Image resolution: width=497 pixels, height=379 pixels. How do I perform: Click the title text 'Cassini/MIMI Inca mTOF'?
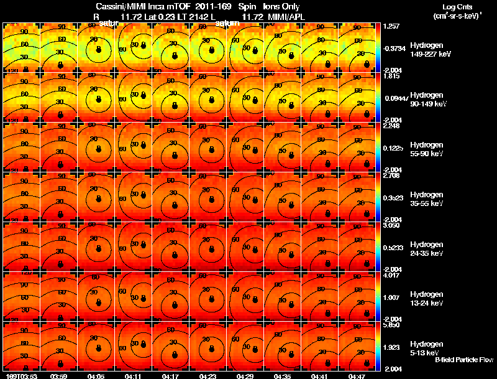[136, 6]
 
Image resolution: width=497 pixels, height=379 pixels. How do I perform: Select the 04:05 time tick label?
[96, 376]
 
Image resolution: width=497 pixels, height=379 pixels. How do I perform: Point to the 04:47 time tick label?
[357, 376]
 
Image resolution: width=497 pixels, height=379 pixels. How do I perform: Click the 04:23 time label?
[208, 376]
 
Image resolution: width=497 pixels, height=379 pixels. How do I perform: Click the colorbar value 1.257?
[391, 27]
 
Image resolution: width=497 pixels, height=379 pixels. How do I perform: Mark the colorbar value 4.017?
[391, 274]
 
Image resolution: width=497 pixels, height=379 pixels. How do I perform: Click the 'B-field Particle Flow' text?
[464, 360]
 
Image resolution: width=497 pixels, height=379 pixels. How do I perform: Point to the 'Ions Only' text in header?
[281, 6]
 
